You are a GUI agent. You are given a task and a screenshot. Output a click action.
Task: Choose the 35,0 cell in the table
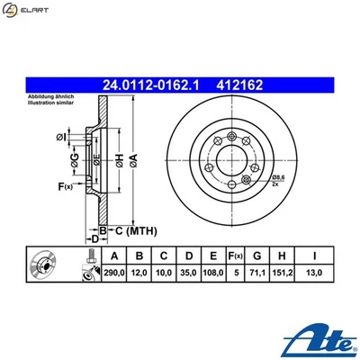click(188, 271)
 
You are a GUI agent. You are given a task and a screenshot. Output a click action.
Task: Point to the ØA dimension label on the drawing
click(134, 162)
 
